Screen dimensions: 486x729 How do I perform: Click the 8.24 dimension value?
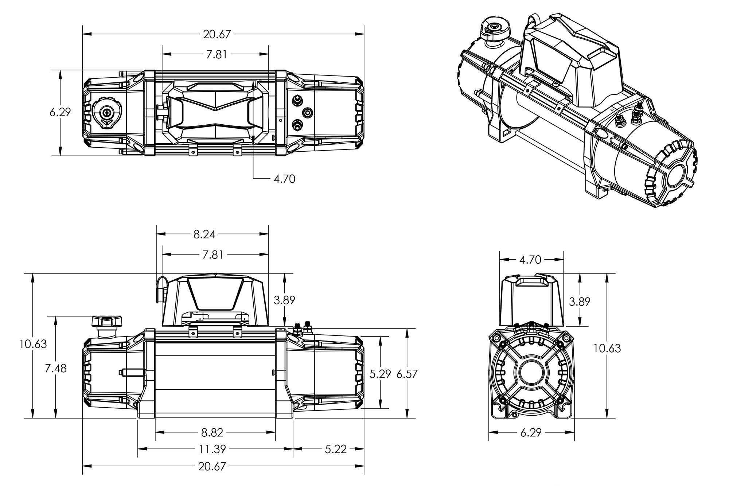pyautogui.click(x=204, y=234)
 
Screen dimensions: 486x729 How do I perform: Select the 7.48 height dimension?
pyautogui.click(x=56, y=368)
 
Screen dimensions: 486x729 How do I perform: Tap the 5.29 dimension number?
pyautogui.click(x=380, y=374)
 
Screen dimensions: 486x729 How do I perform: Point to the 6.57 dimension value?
pyautogui.click(x=406, y=374)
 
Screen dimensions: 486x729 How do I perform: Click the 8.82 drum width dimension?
pyautogui.click(x=212, y=432)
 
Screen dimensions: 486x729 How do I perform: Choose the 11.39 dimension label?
pyautogui.click(x=212, y=449)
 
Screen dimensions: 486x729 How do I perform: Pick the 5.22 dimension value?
pyautogui.click(x=335, y=449)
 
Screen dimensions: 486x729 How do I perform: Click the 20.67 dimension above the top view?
pyautogui.click(x=217, y=34)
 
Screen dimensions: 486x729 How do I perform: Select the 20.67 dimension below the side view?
pyautogui.click(x=212, y=466)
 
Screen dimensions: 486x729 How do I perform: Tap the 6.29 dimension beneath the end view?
pyautogui.click(x=531, y=433)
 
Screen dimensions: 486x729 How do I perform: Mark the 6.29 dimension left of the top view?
pyautogui.click(x=60, y=112)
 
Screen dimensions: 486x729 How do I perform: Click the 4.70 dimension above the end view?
pyautogui.click(x=530, y=260)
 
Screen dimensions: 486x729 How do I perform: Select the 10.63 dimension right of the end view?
pyautogui.click(x=607, y=349)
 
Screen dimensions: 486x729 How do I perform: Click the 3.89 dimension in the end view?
pyautogui.click(x=579, y=302)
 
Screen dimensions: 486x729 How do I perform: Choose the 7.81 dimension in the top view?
pyautogui.click(x=217, y=54)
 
